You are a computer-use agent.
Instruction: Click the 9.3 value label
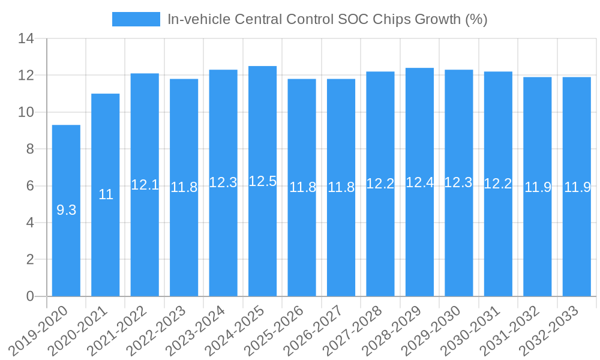pos(66,210)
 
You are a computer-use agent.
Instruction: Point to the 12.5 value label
pos(262,181)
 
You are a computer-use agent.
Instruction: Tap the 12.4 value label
pos(419,182)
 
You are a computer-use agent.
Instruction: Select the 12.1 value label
pos(145,185)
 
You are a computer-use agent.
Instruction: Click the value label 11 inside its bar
pos(106,194)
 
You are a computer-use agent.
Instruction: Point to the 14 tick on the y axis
pos(26,39)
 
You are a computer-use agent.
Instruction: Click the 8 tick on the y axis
pos(31,149)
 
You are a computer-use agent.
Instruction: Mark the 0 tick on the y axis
pos(31,296)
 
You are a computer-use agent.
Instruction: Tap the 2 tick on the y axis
pos(31,260)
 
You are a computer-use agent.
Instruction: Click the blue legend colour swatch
pos(136,19)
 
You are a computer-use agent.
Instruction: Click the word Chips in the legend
pos(392,19)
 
